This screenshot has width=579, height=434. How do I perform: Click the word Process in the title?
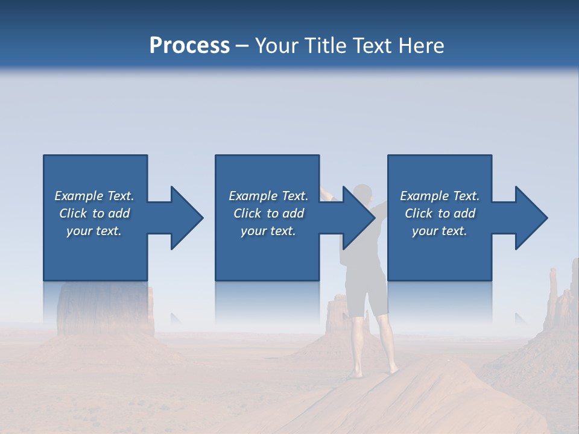pyautogui.click(x=189, y=46)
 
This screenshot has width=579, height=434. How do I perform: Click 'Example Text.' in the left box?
pyautogui.click(x=94, y=196)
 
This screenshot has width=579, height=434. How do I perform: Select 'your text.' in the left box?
pyautogui.click(x=94, y=231)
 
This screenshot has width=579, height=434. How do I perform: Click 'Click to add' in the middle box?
pyautogui.click(x=268, y=213)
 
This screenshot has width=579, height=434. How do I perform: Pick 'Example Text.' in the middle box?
pyautogui.click(x=268, y=196)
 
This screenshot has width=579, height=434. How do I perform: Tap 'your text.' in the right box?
pyautogui.click(x=440, y=231)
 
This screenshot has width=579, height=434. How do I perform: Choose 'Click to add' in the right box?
pyautogui.click(x=440, y=213)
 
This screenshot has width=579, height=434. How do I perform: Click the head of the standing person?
pyautogui.click(x=362, y=193)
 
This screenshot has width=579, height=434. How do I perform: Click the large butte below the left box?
pyautogui.click(x=103, y=313)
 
